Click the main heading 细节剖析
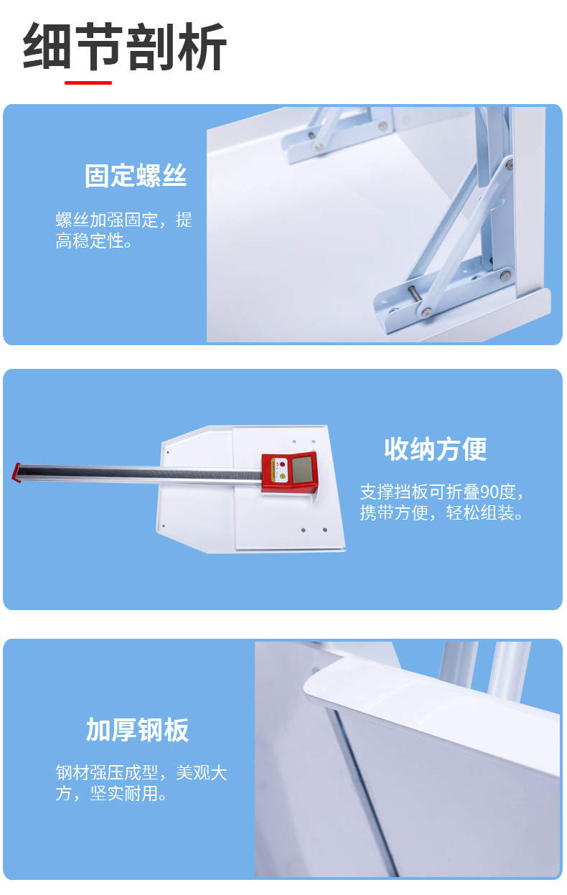point(125,47)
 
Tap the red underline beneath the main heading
point(88,83)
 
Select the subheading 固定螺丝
point(136,175)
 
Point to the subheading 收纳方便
point(436,449)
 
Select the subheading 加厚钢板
point(137,730)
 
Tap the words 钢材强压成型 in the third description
point(107,772)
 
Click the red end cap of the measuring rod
point(17,472)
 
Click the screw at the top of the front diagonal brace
point(510,164)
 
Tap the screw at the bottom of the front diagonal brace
point(426,311)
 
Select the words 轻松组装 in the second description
point(480,513)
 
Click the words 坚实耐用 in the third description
point(124,794)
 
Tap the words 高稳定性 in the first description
point(90,241)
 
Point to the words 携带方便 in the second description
point(394,513)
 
